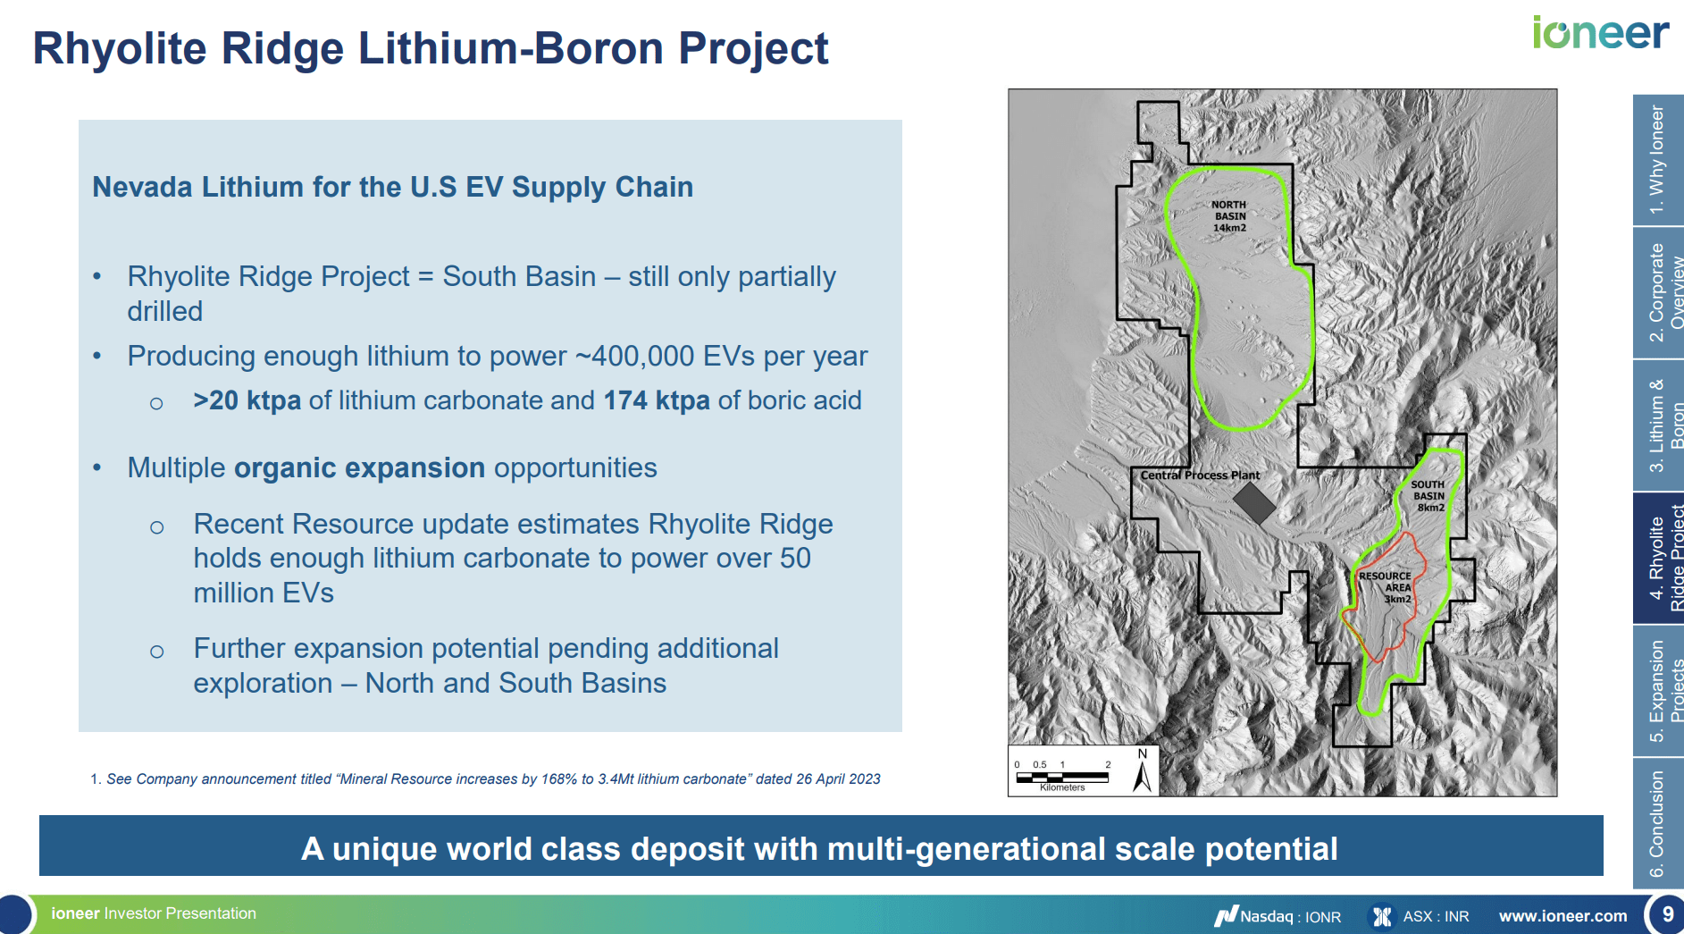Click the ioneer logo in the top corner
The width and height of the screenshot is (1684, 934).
(1600, 33)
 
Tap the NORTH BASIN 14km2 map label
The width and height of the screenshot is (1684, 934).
(1229, 216)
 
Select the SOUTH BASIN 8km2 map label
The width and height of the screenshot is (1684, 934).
(1428, 496)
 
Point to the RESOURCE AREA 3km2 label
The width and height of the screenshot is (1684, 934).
(1386, 587)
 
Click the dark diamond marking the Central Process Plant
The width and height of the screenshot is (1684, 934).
(1254, 503)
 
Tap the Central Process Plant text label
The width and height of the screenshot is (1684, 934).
(1200, 475)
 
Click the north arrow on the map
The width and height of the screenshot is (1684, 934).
(1143, 770)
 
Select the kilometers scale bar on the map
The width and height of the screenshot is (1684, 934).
(1063, 776)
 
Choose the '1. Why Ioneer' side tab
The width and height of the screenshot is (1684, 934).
(1658, 160)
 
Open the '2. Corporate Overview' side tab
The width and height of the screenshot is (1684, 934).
(1658, 292)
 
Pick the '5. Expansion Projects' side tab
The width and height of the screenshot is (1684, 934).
(1658, 691)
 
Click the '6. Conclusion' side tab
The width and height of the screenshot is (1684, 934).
(1658, 823)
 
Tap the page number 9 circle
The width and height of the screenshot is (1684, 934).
(1666, 914)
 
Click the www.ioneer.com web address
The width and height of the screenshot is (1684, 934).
(1563, 916)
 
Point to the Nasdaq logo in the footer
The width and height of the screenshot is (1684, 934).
(1226, 915)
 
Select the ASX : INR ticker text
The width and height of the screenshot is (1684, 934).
(1436, 916)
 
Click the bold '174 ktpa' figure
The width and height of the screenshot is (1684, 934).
(657, 400)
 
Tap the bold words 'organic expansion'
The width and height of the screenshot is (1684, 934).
(359, 467)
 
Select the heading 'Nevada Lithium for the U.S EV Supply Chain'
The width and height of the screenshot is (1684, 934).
(393, 187)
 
